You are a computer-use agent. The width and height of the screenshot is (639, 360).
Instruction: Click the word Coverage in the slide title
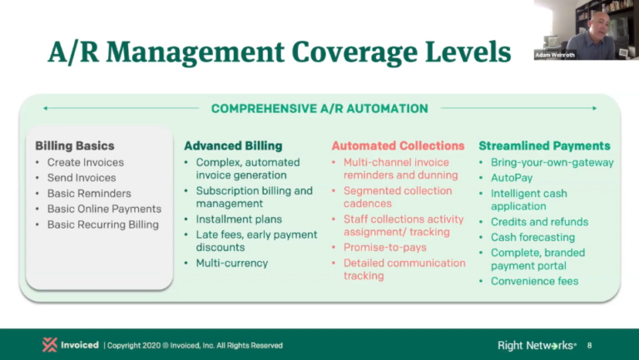point(354,53)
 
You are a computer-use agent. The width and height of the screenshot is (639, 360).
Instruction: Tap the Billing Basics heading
point(75,145)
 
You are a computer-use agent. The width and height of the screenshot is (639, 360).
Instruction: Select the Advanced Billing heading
point(233,145)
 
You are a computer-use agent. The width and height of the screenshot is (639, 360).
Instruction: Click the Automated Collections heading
point(398,145)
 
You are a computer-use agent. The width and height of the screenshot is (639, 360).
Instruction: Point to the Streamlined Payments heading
point(544,145)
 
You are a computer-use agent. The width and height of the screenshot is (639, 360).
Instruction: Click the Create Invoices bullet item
point(85,162)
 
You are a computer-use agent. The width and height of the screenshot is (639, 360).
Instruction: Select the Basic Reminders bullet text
point(89,194)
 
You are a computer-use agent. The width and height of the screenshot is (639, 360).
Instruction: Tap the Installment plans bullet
point(239,219)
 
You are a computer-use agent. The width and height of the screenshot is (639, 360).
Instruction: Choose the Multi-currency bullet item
point(232,263)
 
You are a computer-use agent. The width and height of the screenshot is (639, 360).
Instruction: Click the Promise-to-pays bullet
point(384,248)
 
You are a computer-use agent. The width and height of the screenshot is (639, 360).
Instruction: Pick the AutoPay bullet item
point(512,178)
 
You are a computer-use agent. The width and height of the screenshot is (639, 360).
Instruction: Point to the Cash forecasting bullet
point(532,237)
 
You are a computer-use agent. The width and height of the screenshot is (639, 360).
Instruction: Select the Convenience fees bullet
point(534,281)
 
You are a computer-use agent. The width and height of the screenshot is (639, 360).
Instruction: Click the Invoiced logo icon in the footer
point(50,345)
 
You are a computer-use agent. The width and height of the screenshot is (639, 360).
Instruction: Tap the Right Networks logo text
point(537,345)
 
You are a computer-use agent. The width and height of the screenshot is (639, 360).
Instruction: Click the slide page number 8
point(589,345)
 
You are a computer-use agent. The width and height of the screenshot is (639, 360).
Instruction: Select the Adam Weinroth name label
point(555,55)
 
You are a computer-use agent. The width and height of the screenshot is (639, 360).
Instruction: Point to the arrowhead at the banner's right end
point(595,108)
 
